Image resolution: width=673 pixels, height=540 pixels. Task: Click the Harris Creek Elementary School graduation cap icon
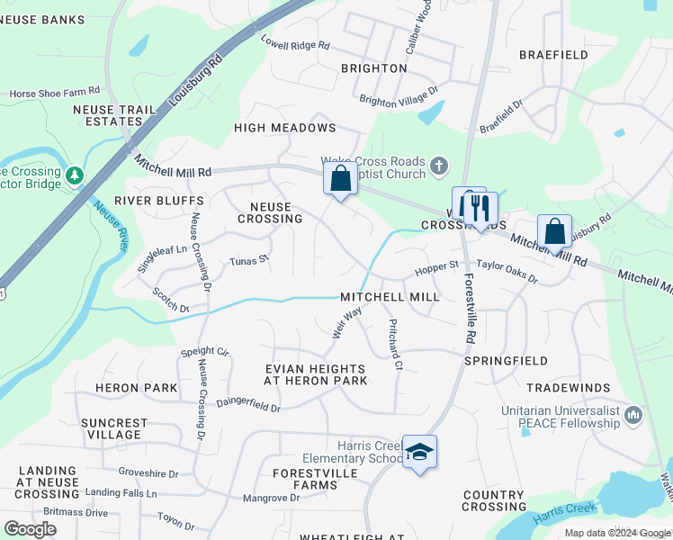point(419,452)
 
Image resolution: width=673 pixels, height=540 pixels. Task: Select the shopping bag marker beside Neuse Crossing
point(340,178)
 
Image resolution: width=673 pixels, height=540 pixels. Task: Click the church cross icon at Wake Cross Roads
point(438,165)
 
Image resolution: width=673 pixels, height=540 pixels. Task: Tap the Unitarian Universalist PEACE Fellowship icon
point(633,415)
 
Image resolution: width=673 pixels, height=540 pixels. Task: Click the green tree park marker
point(74,174)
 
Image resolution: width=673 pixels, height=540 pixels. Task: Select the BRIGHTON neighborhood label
point(374,68)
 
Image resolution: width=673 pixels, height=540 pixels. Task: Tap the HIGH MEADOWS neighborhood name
point(284,128)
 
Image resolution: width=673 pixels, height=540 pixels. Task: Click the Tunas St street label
point(249,259)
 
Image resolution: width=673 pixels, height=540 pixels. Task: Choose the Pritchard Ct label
point(394,344)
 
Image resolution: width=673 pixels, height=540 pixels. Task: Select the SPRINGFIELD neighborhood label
point(506,361)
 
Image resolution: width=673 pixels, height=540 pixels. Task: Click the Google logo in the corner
point(31,529)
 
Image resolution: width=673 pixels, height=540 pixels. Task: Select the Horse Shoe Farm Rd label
point(55,93)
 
